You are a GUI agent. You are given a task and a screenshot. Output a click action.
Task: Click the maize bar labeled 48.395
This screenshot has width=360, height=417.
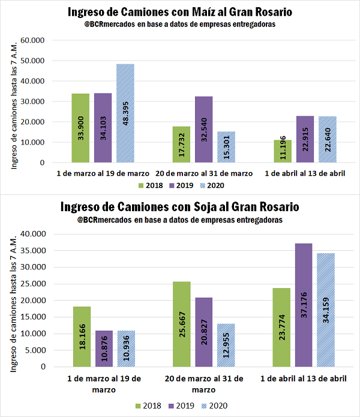125,113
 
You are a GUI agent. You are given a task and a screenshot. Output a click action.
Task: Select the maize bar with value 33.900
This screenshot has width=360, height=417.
80,128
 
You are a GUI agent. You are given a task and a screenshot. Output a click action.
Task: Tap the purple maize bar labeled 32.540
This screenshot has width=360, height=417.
203,129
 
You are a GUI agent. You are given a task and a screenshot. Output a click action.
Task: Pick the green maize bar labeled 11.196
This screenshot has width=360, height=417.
282,151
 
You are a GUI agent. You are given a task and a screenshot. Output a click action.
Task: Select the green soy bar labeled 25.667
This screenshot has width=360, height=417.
182,324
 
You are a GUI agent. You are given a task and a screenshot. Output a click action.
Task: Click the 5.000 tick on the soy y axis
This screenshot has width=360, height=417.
38,350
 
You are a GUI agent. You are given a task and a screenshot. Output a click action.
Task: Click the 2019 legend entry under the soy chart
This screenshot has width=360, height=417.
182,406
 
